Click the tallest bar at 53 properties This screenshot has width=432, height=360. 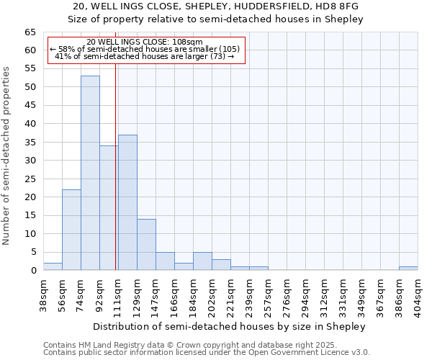(x=90, y=173)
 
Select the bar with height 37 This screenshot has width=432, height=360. (x=127, y=202)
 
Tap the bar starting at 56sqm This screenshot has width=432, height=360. (x=71, y=230)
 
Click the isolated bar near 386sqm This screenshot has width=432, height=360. (x=408, y=269)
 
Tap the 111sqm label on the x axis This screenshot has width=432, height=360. (x=118, y=293)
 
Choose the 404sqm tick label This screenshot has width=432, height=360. (x=418, y=293)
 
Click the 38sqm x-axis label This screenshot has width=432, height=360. (x=43, y=293)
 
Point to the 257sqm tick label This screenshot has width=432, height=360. (x=268, y=293)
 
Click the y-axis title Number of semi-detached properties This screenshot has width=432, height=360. (x=7, y=156)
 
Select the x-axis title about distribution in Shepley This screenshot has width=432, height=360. (x=230, y=326)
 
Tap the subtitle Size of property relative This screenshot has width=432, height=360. (x=216, y=19)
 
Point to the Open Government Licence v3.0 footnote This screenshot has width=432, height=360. (x=207, y=352)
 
